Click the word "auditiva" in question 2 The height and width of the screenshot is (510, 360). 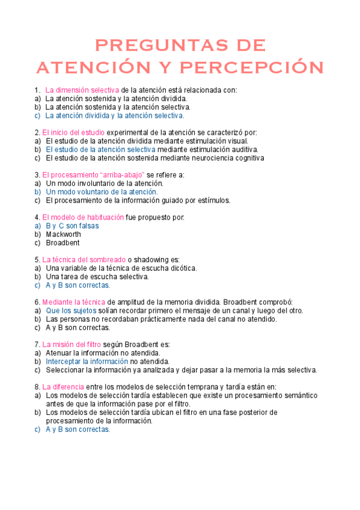(x=242, y=149)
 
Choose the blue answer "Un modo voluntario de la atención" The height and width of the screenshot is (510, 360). (x=100, y=192)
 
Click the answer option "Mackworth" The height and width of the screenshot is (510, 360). (x=64, y=234)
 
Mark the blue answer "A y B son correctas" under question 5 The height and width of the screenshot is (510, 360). (x=78, y=285)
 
